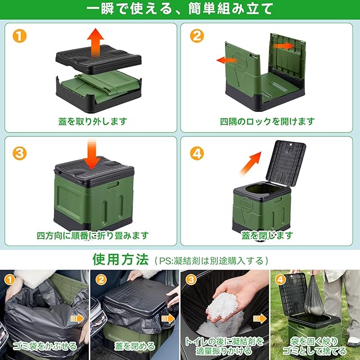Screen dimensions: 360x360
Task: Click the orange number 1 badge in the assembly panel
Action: point(20,36)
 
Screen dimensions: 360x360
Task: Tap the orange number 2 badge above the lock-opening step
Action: point(197,36)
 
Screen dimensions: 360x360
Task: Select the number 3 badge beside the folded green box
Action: point(20,154)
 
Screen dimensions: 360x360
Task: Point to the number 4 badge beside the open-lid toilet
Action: point(197,154)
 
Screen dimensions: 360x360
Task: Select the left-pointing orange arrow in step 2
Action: point(227,60)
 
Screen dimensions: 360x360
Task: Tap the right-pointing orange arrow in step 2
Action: point(283,46)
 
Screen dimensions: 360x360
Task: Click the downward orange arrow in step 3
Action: point(92,154)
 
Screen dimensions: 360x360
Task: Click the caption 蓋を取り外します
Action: point(92,121)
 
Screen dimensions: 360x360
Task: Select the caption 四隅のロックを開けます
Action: point(267,121)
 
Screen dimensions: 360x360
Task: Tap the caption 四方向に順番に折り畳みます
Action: point(93,236)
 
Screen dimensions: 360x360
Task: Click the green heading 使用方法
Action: point(120,259)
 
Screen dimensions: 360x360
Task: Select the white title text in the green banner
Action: point(180,9)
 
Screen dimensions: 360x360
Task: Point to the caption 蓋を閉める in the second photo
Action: point(135,346)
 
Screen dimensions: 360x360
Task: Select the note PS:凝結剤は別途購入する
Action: point(211,261)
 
